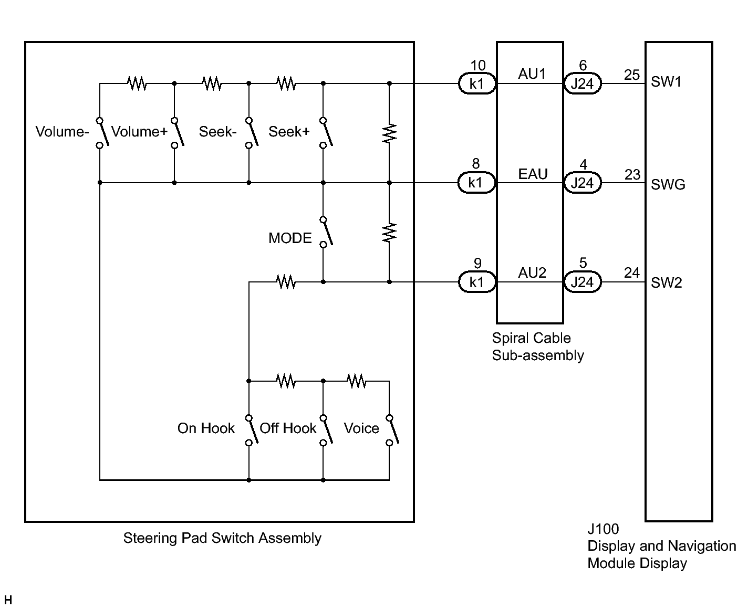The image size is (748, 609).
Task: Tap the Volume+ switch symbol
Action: click(178, 133)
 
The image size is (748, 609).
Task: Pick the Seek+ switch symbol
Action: click(326, 133)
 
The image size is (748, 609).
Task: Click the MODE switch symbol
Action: click(326, 232)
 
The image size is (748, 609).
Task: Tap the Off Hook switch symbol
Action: click(326, 430)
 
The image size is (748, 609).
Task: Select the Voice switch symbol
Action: click(392, 430)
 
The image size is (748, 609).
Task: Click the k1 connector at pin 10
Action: click(477, 83)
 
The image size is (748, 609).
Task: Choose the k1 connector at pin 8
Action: click(476, 183)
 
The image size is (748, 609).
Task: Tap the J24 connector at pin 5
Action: click(582, 282)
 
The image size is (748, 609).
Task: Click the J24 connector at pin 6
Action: click(582, 83)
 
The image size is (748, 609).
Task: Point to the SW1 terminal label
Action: click(666, 82)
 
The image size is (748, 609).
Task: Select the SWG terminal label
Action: click(668, 185)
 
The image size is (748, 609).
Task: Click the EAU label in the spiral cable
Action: click(533, 174)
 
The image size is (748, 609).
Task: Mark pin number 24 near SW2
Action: click(632, 272)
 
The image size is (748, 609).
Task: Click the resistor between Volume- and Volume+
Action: click(137, 83)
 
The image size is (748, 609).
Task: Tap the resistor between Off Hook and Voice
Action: click(356, 381)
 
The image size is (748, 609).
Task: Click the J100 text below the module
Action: click(604, 529)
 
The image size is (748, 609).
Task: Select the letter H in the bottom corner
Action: click(8, 600)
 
